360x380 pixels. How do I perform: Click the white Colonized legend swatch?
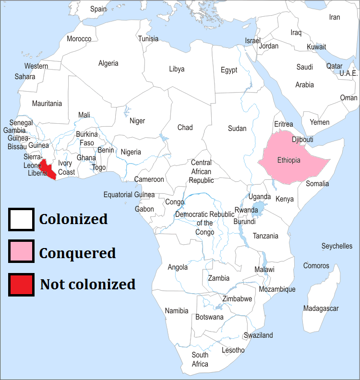coord(21,219)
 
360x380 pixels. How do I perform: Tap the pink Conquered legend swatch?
coord(21,252)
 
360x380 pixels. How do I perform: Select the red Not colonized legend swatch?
coord(21,284)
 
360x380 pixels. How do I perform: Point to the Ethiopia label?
coord(289,160)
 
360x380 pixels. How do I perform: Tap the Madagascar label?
coord(321,309)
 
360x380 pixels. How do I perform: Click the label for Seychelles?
coord(336,246)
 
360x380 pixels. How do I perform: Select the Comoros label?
coord(316,266)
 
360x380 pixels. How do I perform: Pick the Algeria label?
coord(108,63)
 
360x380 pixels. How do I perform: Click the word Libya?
coord(177,69)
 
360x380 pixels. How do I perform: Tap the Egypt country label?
coord(229,70)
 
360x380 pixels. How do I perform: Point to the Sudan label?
coord(237,129)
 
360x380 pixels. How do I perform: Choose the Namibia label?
coord(177,311)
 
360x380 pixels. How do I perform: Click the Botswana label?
coord(209,317)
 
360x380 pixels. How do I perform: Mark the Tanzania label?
coord(265,236)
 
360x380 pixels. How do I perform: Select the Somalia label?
coord(317,184)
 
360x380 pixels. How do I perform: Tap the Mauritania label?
coord(47,104)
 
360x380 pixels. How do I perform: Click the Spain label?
coord(98,9)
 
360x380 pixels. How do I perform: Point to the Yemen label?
coord(319,122)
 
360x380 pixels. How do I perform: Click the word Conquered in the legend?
coord(77,253)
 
